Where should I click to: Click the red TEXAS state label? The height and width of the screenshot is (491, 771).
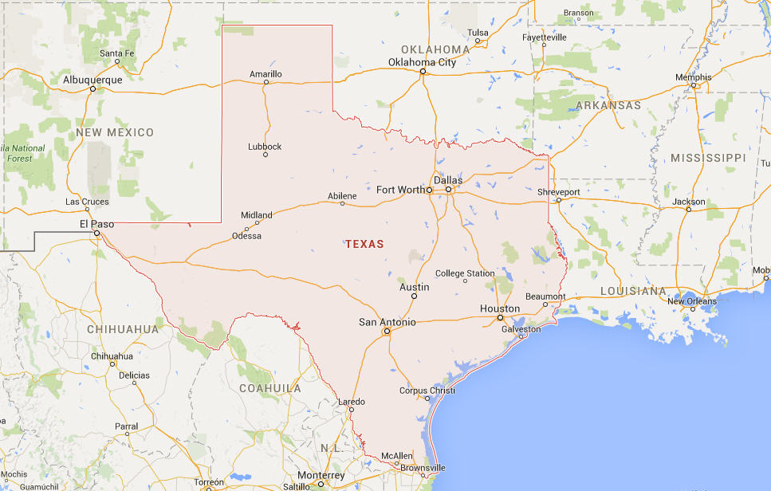pos(364,244)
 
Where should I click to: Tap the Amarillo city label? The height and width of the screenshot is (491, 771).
pos(266,74)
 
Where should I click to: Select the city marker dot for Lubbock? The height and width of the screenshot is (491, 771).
pos(266,155)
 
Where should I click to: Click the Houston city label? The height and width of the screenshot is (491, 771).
pos(500,308)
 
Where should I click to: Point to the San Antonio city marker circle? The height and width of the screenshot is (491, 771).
pos(387,331)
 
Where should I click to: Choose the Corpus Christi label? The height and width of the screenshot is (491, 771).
pos(427,391)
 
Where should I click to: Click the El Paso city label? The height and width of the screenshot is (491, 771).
pos(97,225)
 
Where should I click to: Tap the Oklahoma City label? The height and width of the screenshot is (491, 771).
pos(423,62)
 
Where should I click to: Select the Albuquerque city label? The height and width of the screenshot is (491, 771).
pos(92,80)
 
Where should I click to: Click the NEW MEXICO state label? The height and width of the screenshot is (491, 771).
pos(115,132)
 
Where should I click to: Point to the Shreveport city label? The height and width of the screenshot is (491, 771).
pos(559,192)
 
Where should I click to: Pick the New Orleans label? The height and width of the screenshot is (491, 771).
pos(692,301)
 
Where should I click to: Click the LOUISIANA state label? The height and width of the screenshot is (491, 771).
pos(633,291)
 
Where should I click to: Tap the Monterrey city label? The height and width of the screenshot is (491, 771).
pos(321,476)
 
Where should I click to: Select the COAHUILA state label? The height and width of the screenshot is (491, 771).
pos(270,388)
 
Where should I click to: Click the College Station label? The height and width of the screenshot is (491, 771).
pos(465,273)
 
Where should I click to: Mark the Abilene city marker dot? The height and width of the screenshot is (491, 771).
pos(343,204)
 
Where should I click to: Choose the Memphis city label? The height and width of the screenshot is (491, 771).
pos(693,77)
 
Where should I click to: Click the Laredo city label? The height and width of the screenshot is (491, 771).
pos(352,401)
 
